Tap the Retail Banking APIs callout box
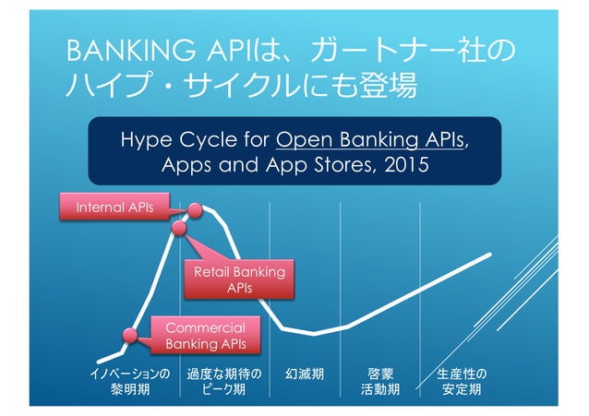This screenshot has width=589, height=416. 238,279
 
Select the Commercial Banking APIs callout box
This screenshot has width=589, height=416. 205,336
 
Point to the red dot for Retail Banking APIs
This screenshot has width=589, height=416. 179,226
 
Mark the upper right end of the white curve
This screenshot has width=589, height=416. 488,253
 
